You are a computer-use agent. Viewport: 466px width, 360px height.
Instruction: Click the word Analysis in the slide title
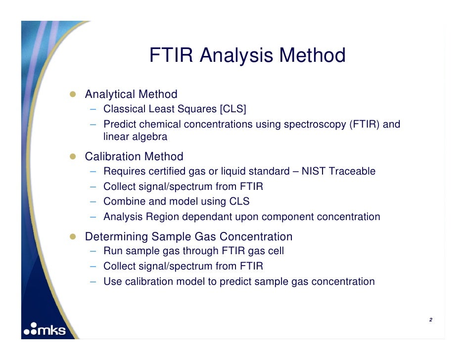point(236,55)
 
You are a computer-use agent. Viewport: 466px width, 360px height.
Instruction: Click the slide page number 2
point(430,320)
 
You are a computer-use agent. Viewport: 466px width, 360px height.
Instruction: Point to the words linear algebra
point(135,137)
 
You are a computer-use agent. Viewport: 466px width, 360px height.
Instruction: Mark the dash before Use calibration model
point(93,282)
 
